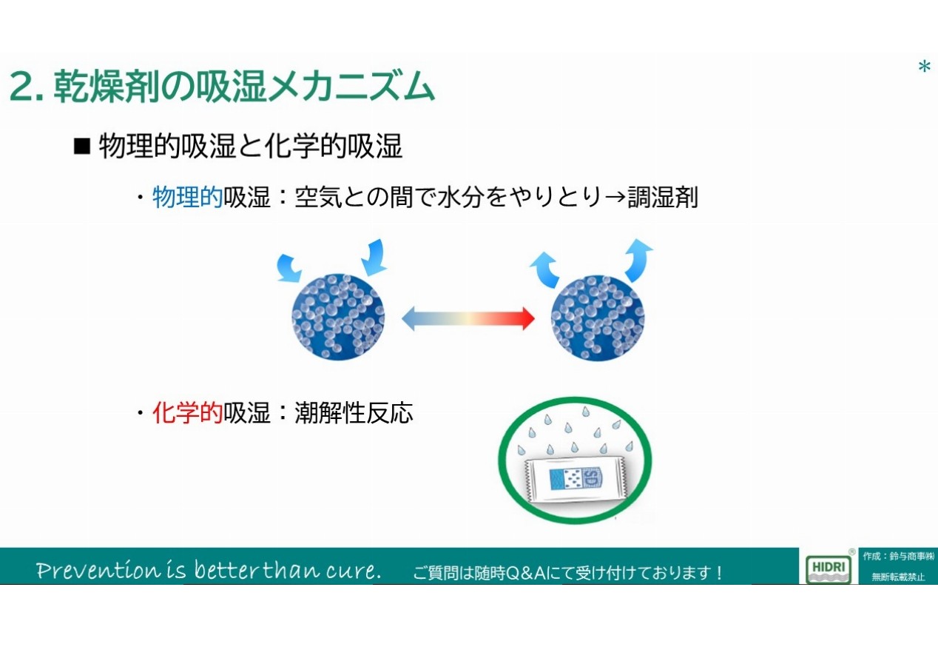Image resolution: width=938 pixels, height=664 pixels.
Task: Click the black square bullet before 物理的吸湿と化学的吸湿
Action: click(82, 147)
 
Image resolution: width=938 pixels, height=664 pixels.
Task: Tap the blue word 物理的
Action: click(187, 197)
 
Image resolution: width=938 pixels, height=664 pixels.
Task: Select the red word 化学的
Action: click(187, 412)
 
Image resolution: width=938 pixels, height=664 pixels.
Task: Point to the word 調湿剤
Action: click(663, 197)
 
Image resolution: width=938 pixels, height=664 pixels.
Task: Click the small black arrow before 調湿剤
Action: click(615, 198)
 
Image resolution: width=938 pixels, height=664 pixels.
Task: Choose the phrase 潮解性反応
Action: click(354, 412)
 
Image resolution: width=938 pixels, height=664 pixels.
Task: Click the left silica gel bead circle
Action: click(338, 317)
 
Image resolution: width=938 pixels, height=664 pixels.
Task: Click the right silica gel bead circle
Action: click(598, 317)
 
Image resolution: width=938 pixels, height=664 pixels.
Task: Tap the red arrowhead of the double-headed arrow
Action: click(528, 319)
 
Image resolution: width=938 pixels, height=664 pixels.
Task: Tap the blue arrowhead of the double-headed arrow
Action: click(408, 319)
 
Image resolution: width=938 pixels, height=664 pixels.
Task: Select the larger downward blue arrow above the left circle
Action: click(374, 258)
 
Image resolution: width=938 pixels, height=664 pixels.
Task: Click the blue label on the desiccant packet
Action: click(576, 478)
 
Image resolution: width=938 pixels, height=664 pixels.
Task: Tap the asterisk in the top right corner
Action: click(924, 67)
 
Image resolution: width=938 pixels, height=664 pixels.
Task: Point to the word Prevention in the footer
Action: click(98, 570)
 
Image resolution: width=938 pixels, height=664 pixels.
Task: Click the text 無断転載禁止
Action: click(898, 577)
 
